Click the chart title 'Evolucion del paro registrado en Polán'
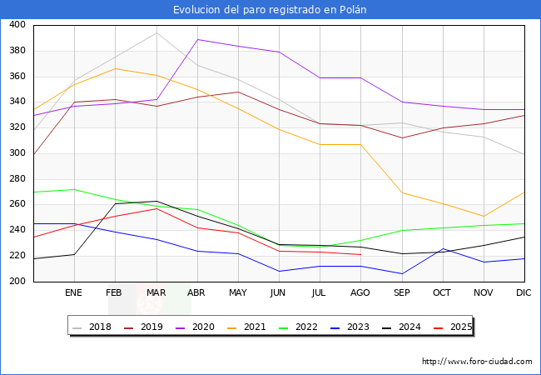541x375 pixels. pos(270,10)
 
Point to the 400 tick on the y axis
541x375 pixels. pos(17,25)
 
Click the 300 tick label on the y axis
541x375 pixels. pos(17,153)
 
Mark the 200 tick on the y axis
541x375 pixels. pos(17,282)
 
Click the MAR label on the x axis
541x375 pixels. pos(156,293)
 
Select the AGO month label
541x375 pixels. pos(360,293)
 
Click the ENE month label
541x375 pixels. pos(74,293)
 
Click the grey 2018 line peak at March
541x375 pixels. pos(156,32)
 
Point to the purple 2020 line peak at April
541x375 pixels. pos(197,39)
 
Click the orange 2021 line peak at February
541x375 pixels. pos(115,68)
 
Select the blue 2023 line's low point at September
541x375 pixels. pos(402,274)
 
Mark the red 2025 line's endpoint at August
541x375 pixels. pos(360,254)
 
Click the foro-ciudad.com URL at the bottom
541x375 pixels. pos(477,362)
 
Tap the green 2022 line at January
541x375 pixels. pos(74,189)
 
